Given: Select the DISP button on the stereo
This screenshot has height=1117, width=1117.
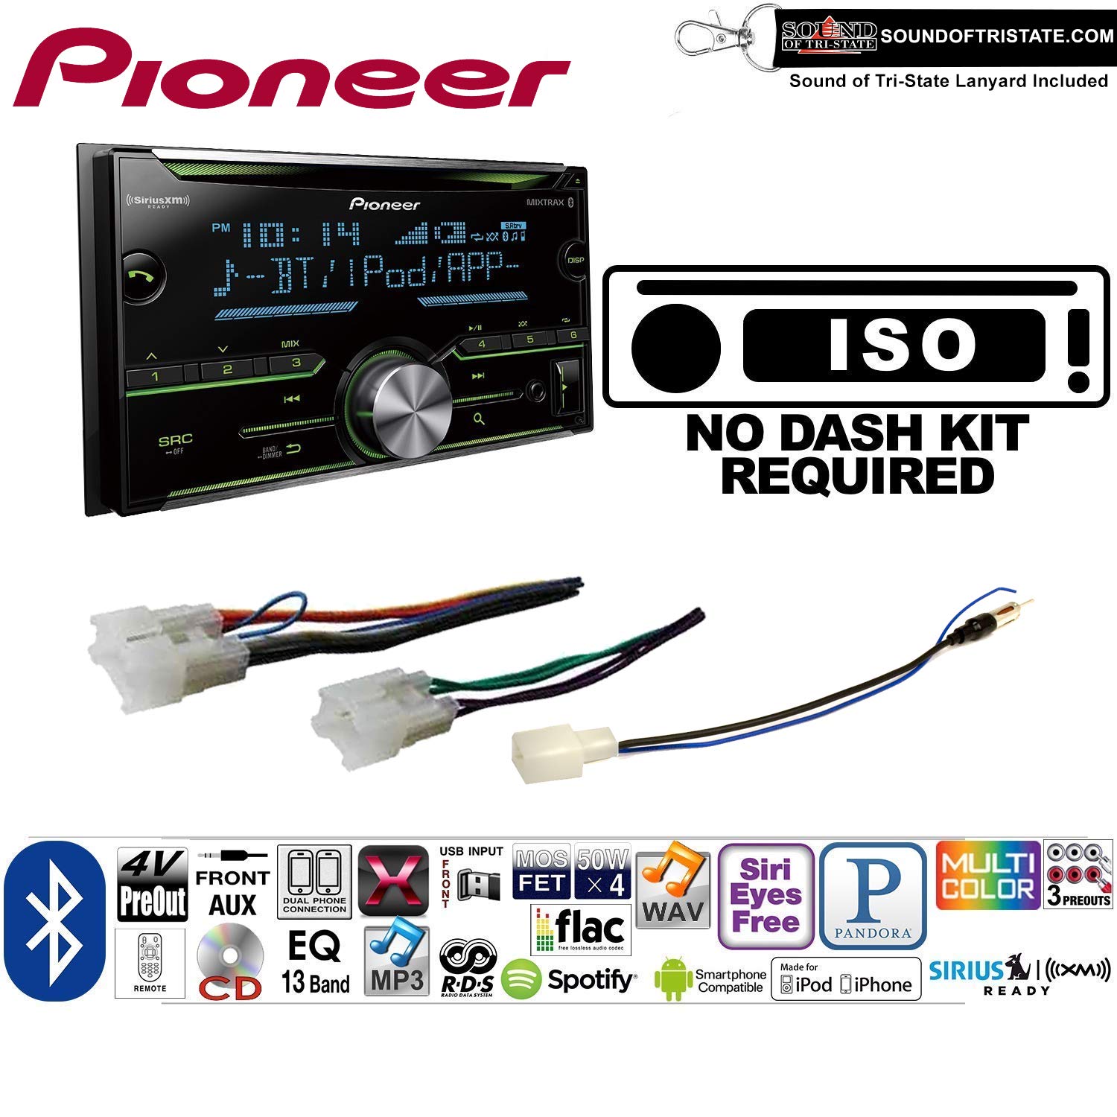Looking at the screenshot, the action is (x=575, y=260).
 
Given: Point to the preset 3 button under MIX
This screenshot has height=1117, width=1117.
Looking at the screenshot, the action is (x=296, y=363).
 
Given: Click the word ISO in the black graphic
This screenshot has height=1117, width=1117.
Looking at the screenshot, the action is (x=901, y=344).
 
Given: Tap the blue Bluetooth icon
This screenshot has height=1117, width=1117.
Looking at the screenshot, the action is (x=54, y=920).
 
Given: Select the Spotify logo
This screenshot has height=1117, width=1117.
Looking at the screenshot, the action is (x=570, y=979).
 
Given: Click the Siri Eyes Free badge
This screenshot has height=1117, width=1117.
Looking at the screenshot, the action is (x=766, y=895).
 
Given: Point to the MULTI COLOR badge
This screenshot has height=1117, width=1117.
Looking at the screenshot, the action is (x=987, y=876).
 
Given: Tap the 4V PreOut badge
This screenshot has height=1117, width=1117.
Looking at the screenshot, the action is (x=153, y=884).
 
